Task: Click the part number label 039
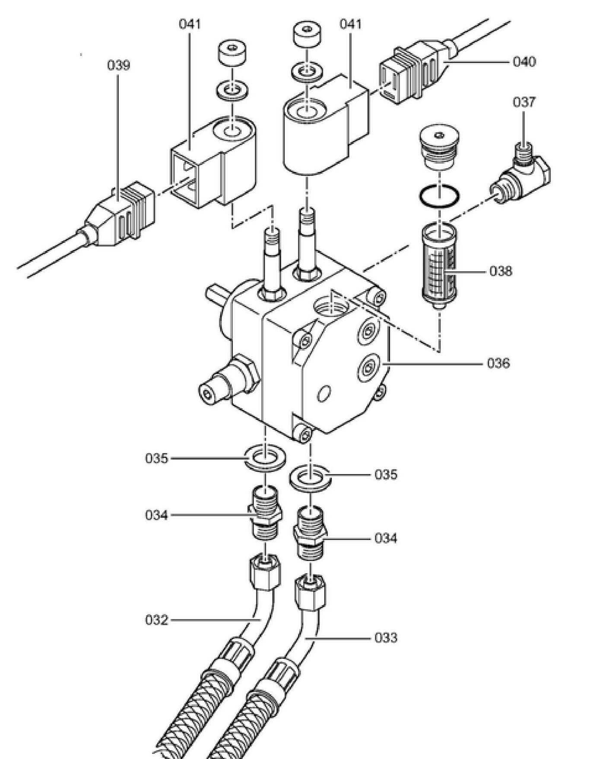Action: tap(118, 65)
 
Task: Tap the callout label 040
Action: tap(524, 62)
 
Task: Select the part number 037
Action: tap(524, 102)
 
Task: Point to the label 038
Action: tap(501, 271)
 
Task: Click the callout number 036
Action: tap(498, 363)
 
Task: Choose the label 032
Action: tap(156, 620)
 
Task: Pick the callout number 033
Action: tap(386, 638)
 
